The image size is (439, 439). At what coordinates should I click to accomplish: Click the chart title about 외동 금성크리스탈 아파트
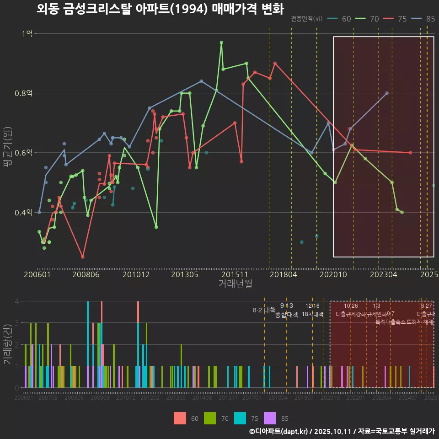[x=160, y=9]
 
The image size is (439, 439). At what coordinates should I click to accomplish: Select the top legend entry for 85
[x=426, y=19]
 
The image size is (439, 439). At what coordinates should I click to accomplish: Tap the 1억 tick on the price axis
[x=28, y=33]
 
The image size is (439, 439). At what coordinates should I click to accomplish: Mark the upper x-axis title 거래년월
[x=235, y=284]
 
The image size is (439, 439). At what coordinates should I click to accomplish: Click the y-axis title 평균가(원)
[x=7, y=153]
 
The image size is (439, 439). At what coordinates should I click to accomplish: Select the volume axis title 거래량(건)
[x=7, y=344]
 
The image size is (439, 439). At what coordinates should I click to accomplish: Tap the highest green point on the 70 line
[x=221, y=43]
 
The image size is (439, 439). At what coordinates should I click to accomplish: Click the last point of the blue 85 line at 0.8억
[x=387, y=93]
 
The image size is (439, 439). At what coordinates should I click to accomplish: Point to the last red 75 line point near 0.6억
[x=410, y=153]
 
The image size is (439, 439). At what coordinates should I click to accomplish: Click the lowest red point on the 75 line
[x=83, y=257]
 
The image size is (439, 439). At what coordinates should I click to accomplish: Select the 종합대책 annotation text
[x=287, y=315]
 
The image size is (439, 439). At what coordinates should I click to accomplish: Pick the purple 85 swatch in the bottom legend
[x=270, y=418]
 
